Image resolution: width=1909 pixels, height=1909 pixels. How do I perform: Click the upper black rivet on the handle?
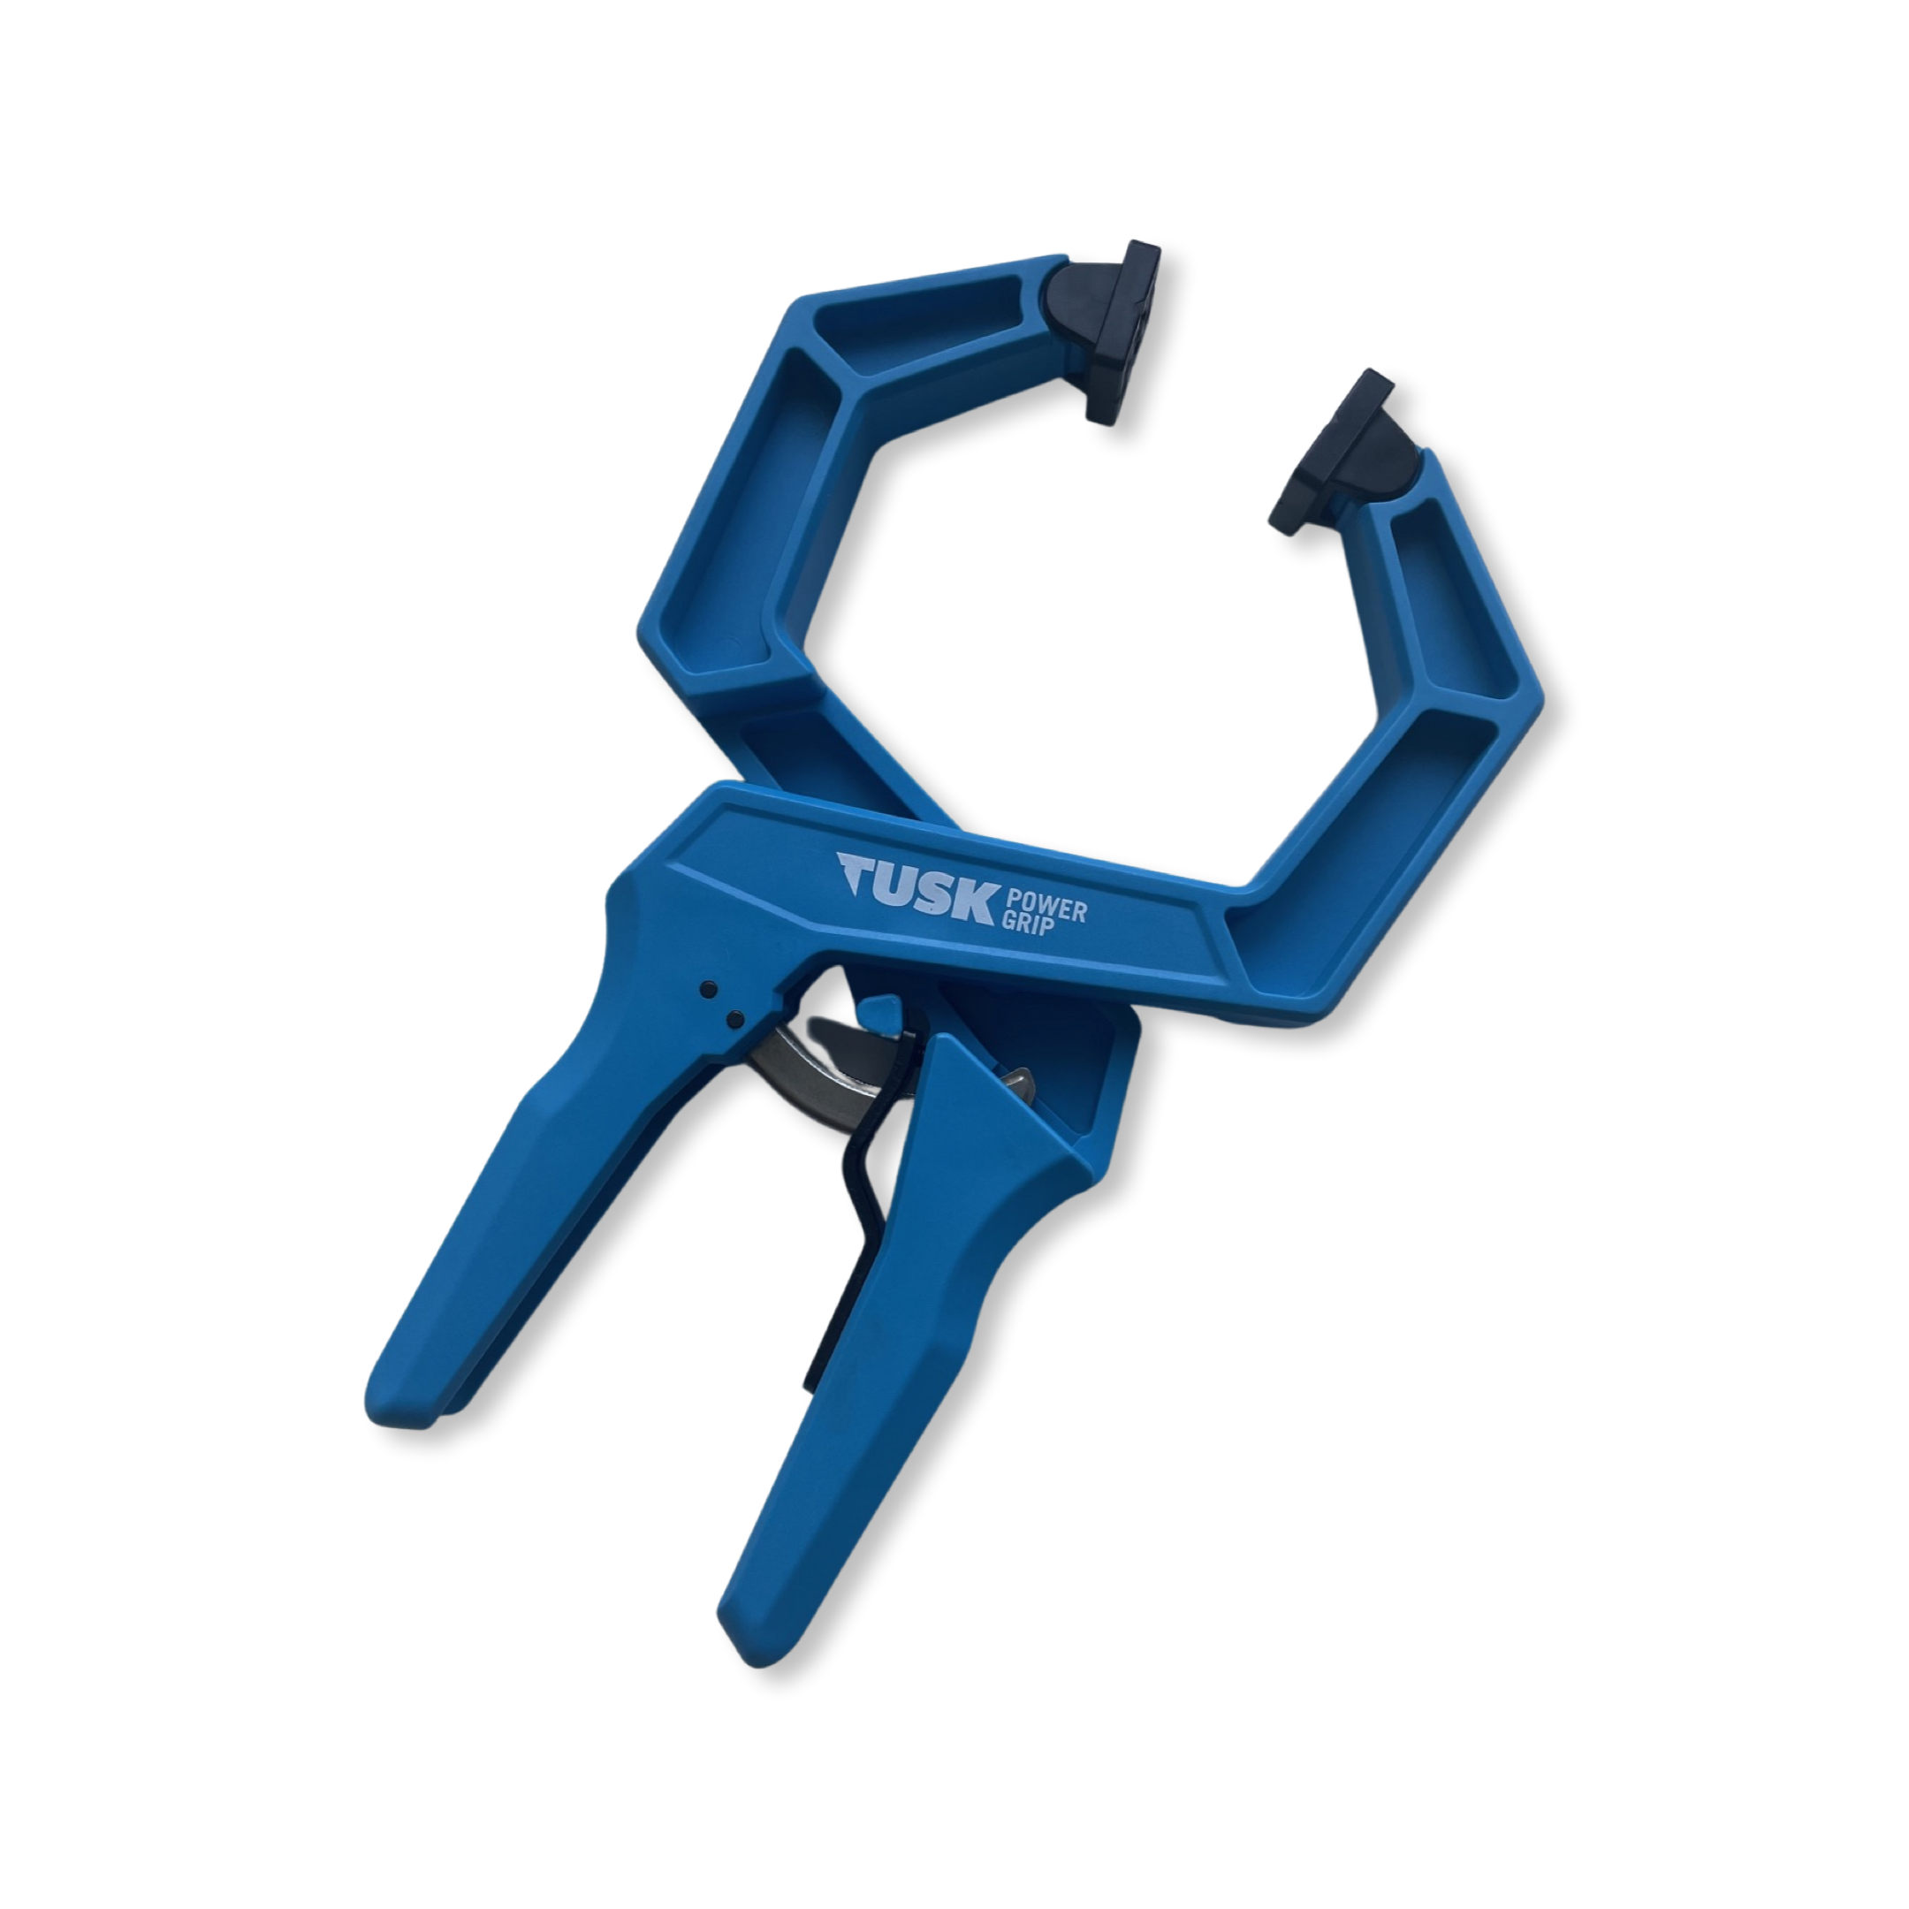[x=706, y=989]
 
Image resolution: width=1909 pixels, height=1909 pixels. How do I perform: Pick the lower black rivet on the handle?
[x=734, y=1019]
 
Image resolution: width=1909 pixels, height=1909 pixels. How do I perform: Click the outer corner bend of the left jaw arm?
[x=657, y=633]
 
